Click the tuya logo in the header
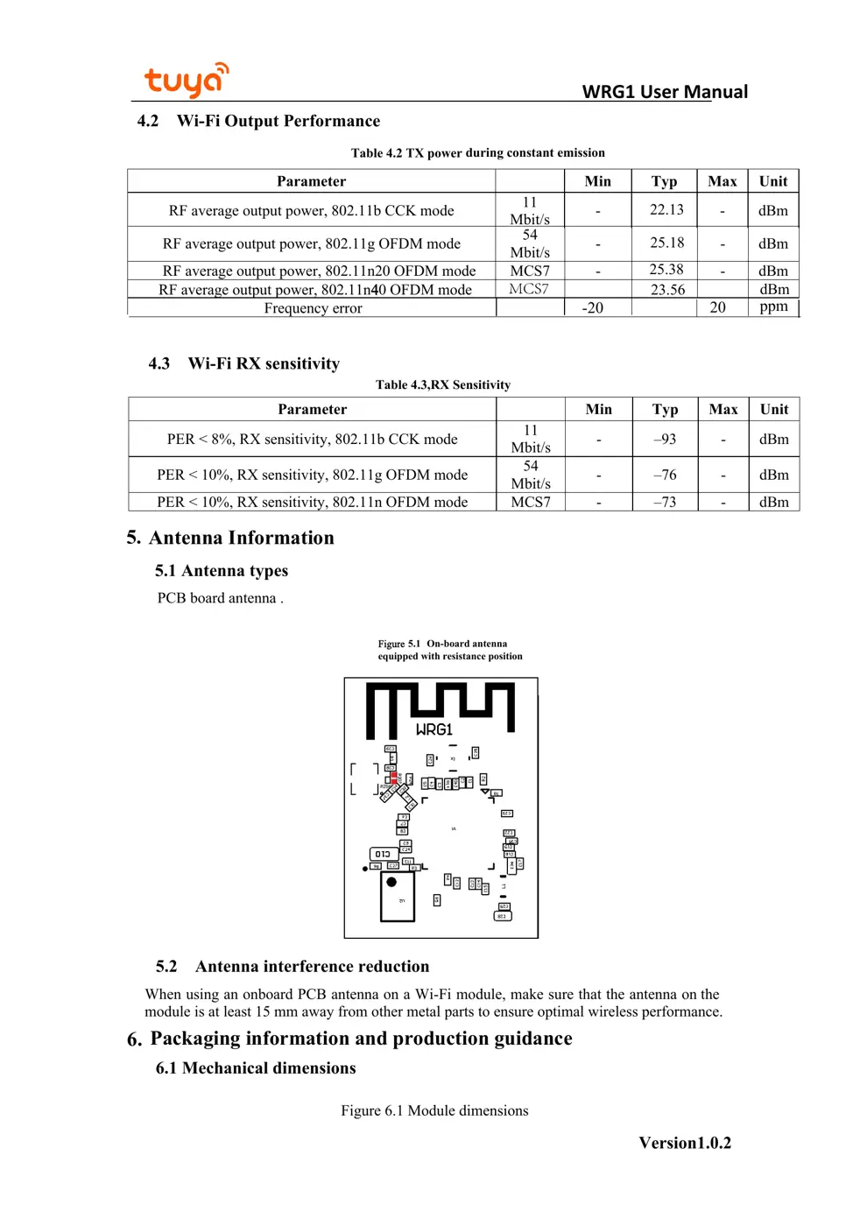tap(186, 81)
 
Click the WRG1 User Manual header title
tap(665, 92)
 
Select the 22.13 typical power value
tap(666, 210)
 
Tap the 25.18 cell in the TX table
tap(666, 243)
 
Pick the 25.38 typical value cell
tap(666, 270)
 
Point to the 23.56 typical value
tap(667, 290)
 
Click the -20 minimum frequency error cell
tap(593, 308)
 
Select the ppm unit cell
tap(773, 306)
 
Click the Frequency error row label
tap(313, 308)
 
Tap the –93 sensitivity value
tap(665, 439)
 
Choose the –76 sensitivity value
tap(665, 475)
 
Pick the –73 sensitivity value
tap(665, 502)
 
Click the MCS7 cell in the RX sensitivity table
tap(531, 502)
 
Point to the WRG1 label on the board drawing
tap(434, 729)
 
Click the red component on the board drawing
tap(394, 777)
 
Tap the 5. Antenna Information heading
tap(230, 538)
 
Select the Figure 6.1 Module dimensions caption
tap(434, 1110)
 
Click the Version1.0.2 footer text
tap(685, 1143)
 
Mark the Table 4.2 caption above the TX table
tap(477, 152)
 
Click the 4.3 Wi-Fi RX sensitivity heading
tap(244, 363)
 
